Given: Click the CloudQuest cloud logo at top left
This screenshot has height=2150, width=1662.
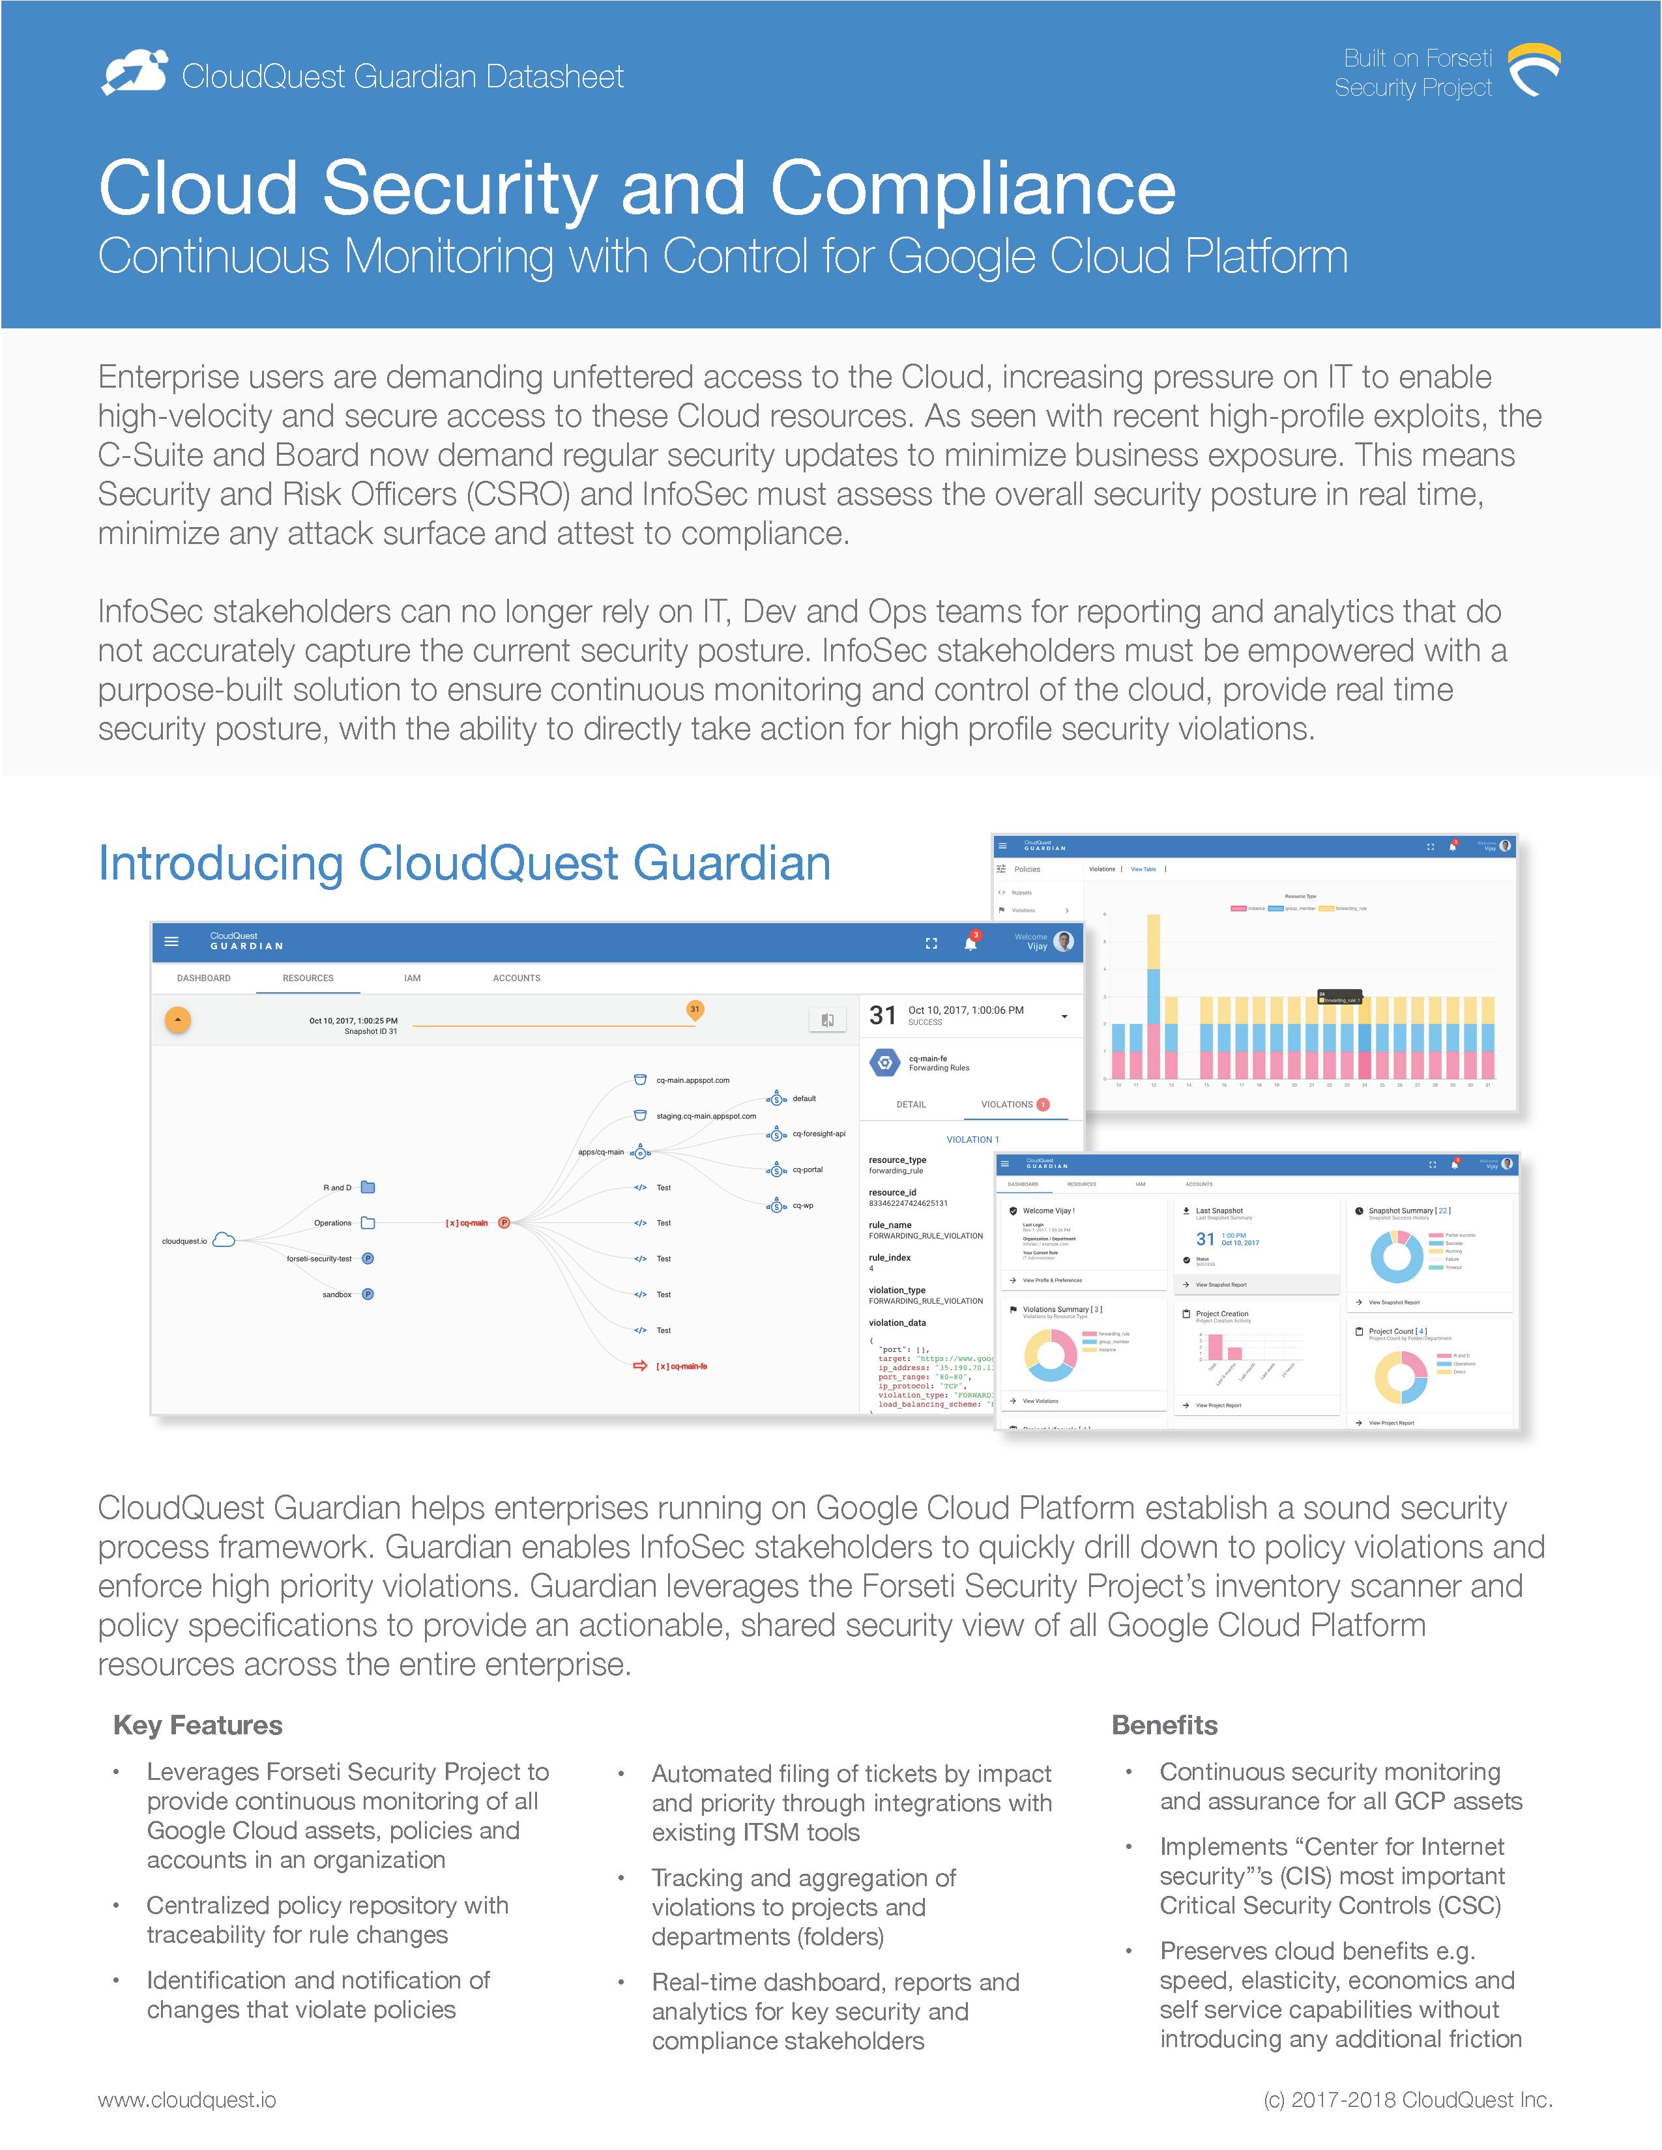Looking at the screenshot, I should click(x=136, y=73).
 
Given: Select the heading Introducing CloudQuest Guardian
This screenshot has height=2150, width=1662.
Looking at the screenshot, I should click(x=464, y=863).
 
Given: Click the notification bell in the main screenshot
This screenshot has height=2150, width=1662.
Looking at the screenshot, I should click(x=970, y=943).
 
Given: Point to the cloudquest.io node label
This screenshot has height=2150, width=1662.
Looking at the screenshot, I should click(x=184, y=1241).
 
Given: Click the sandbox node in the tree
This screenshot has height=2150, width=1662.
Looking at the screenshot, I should click(x=337, y=1295).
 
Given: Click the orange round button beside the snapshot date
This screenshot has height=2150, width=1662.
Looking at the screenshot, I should click(x=177, y=1020).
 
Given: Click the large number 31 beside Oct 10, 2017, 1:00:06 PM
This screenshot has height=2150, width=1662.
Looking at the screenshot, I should click(x=882, y=1015).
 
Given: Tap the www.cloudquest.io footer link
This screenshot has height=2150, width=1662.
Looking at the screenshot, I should click(x=186, y=2100).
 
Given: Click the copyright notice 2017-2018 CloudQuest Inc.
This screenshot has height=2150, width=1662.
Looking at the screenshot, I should click(x=1407, y=2100).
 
